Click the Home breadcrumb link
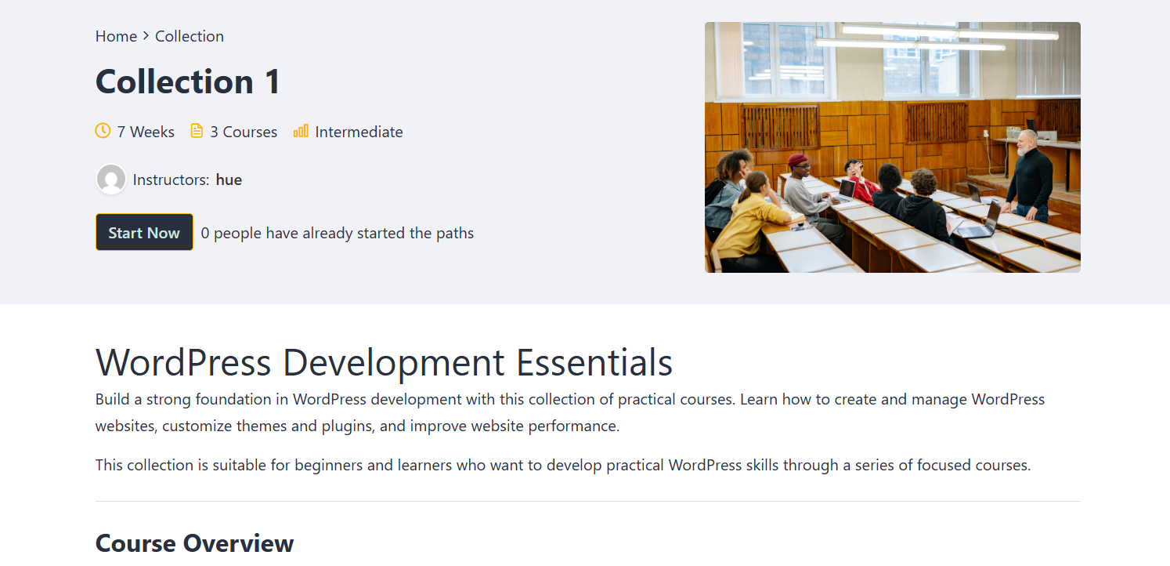tap(116, 36)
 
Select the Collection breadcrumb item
tap(189, 36)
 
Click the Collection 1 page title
tap(187, 82)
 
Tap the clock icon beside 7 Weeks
tap(103, 131)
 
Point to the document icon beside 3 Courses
tap(197, 131)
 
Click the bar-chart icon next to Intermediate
tap(301, 131)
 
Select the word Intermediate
tap(359, 132)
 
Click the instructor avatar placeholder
tap(110, 180)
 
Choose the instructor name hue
tap(229, 180)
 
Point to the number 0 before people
tap(204, 233)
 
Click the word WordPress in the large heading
tap(183, 362)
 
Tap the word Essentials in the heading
tap(594, 362)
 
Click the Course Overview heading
tap(195, 543)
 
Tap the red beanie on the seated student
tap(797, 159)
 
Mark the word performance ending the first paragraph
tap(572, 426)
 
